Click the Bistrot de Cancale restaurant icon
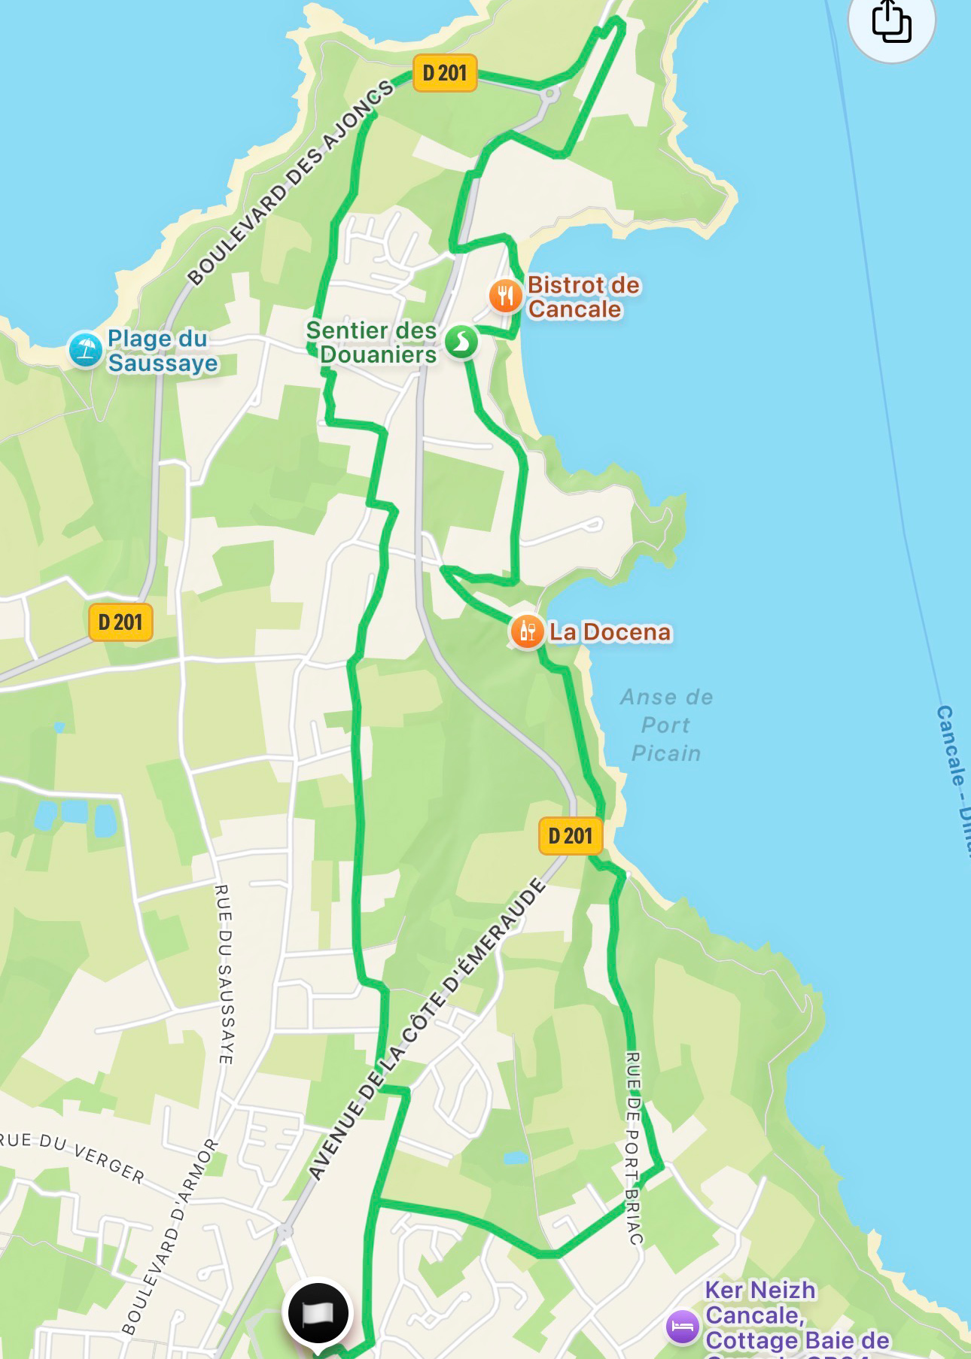pos(505,296)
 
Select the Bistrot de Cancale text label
pos(583,297)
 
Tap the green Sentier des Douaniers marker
pos(461,342)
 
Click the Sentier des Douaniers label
pos(372,342)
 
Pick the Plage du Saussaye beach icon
pos(85,350)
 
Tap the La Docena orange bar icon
pos(527,631)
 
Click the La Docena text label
pos(610,632)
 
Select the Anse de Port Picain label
pos(666,725)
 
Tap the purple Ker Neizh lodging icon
pos(683,1326)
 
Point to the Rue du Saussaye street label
pos(224,974)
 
